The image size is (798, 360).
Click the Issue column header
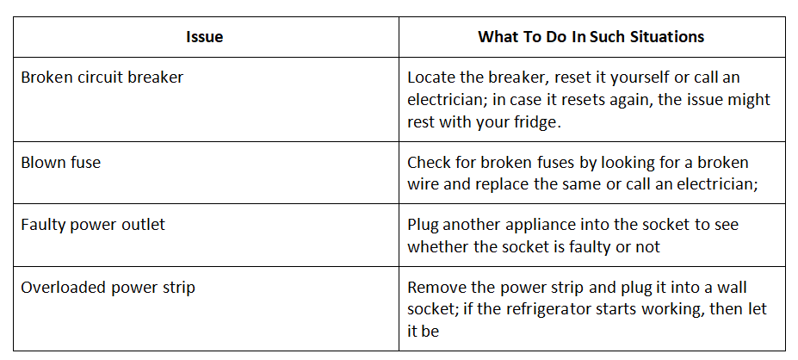(205, 37)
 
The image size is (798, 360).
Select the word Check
(429, 163)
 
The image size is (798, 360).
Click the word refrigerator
(545, 310)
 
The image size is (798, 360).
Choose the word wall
(732, 288)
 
